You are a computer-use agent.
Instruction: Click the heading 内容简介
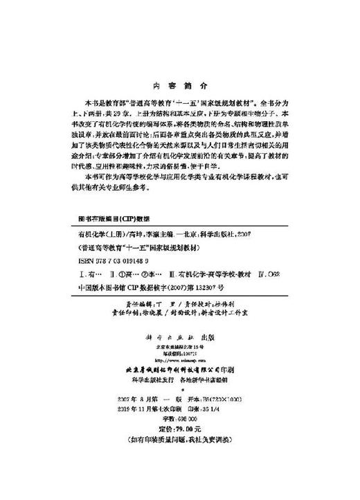point(179,88)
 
